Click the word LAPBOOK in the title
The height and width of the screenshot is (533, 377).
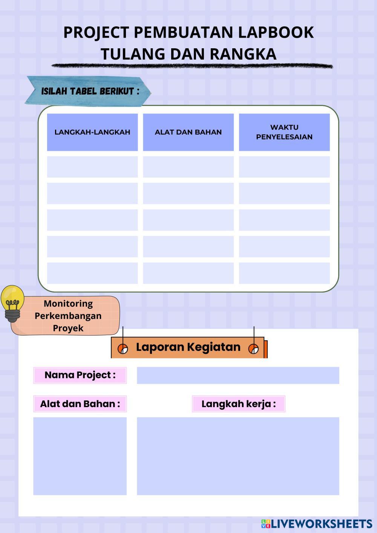[276, 32]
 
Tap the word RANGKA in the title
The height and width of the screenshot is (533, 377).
[243, 54]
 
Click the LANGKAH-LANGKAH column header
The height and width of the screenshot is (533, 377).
[92, 132]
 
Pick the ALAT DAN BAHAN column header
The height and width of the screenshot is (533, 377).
[188, 132]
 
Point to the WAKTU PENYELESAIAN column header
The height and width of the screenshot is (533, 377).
[284, 132]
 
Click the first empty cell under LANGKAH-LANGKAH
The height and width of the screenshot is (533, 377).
[92, 167]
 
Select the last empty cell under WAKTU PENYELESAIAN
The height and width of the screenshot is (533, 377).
[284, 273]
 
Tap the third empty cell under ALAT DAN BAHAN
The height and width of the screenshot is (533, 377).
[188, 220]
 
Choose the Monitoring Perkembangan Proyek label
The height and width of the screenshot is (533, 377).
[68, 316]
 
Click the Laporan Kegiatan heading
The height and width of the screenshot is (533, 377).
[188, 347]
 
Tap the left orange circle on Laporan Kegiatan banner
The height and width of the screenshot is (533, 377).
[123, 349]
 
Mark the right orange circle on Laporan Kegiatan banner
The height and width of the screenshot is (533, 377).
[254, 349]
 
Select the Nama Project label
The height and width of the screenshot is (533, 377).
[80, 375]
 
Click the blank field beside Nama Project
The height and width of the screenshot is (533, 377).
[238, 375]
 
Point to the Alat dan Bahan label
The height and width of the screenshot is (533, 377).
[80, 404]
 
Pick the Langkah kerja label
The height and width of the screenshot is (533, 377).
[239, 404]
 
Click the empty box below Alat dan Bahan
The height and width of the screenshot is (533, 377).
[80, 456]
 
